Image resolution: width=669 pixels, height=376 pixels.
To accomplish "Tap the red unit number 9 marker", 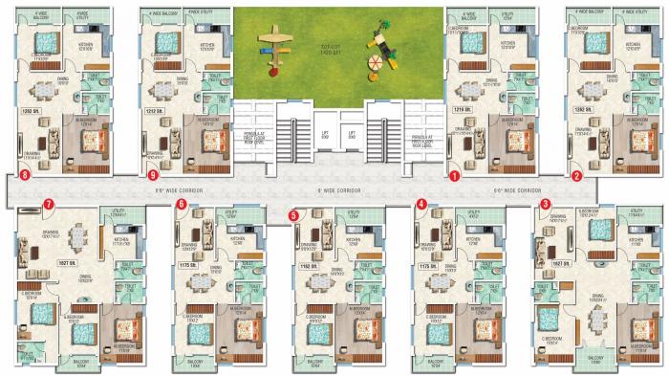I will click(153, 176).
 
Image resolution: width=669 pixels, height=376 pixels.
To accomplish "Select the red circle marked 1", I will click(455, 176).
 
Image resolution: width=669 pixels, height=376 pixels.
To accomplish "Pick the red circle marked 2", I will click(575, 176).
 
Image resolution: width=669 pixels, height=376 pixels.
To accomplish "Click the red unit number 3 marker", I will click(545, 204).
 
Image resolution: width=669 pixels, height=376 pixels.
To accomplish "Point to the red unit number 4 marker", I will click(421, 204).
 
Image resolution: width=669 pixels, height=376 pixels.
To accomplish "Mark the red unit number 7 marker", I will click(47, 204).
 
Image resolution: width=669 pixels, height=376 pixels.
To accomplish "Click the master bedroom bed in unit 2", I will click(634, 139).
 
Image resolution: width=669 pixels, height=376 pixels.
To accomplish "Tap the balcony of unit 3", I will click(593, 356).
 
